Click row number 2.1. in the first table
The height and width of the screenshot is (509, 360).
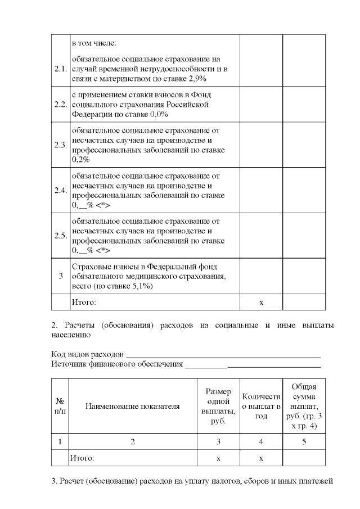click(x=60, y=69)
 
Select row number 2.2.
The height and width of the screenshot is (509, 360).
click(x=60, y=104)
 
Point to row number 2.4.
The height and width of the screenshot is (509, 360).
click(x=60, y=190)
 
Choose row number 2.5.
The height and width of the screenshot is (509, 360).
click(x=60, y=235)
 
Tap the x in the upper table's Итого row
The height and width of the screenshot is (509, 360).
click(x=261, y=303)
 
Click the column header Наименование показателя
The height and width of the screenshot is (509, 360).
click(x=133, y=406)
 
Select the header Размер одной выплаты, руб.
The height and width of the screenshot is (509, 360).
click(x=218, y=406)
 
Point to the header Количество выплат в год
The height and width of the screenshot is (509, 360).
click(x=261, y=406)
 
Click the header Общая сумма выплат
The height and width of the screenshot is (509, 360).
click(x=304, y=406)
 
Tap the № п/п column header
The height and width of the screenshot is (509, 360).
click(x=60, y=406)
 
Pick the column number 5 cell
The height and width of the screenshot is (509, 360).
click(x=304, y=442)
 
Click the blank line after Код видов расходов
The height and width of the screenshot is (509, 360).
click(x=223, y=356)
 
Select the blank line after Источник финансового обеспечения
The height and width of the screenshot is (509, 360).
click(x=253, y=366)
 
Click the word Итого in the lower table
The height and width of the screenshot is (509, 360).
click(x=83, y=458)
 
